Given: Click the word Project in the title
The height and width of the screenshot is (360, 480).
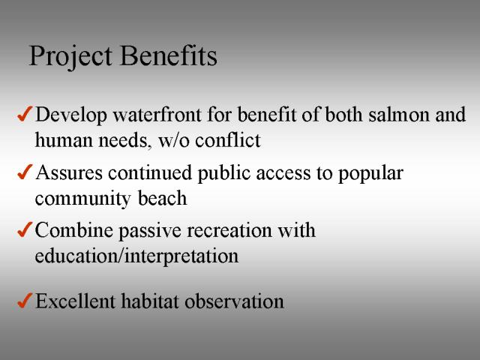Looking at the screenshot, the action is [x=70, y=57].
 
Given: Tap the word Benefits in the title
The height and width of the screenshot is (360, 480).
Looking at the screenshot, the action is [x=169, y=55].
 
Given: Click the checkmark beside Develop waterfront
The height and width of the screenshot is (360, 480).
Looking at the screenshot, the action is [x=25, y=114].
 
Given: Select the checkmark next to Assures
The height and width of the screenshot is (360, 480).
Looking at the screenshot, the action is [x=25, y=172].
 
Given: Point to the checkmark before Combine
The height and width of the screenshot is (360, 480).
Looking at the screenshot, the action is [x=25, y=229].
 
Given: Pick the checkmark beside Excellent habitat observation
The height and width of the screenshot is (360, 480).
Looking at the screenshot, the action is [x=25, y=300].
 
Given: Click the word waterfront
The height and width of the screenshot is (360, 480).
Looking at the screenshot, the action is [x=157, y=114].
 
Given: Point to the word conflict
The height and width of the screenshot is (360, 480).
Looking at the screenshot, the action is [x=228, y=140].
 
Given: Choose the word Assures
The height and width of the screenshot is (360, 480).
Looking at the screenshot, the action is [x=69, y=172].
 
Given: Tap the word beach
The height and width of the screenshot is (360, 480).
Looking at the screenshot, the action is [x=162, y=198].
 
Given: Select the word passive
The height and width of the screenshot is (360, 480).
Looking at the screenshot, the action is [x=150, y=231].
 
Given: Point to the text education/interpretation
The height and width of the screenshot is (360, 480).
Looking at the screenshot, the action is [x=136, y=256].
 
